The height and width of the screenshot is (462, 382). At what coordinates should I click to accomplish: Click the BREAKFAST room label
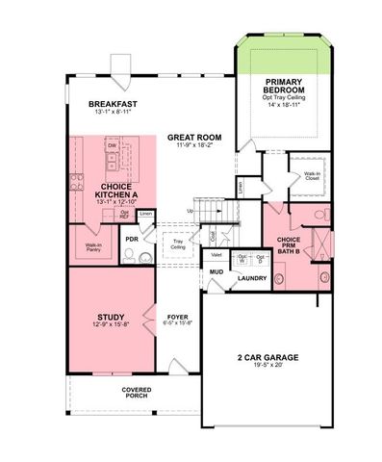114,103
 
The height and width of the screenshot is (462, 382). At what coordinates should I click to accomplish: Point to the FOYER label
177,315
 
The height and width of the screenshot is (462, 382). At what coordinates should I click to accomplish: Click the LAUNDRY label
252,279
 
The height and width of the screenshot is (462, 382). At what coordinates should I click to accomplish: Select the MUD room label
217,272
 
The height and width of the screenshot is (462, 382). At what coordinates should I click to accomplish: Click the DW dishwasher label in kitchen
113,146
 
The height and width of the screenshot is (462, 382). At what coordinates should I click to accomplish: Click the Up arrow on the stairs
191,210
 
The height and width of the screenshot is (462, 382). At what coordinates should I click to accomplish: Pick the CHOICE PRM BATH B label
289,244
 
